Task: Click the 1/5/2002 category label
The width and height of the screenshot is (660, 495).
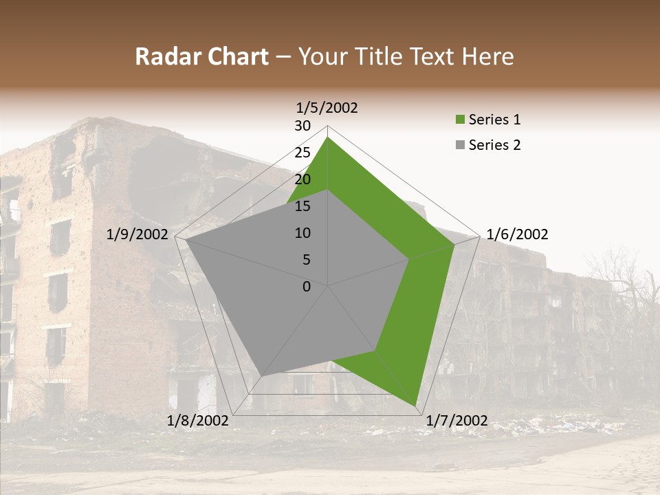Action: click(x=327, y=108)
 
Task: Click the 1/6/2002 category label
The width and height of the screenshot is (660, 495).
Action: click(x=517, y=234)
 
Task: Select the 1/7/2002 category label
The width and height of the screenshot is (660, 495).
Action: click(x=456, y=421)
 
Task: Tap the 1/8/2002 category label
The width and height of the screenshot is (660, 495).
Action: click(x=198, y=421)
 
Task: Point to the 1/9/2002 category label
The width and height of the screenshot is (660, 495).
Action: click(x=137, y=234)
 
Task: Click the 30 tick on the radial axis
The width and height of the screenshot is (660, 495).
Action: click(x=302, y=126)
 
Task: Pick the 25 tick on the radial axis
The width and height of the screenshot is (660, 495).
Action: click(x=302, y=153)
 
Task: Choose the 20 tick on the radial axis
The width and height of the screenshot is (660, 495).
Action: click(x=302, y=179)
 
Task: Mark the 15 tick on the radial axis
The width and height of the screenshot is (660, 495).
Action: click(x=302, y=206)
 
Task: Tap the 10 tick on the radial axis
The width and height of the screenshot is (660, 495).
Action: click(x=302, y=233)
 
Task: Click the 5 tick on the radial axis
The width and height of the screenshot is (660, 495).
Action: click(x=306, y=260)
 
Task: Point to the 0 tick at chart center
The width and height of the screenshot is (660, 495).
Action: click(x=307, y=287)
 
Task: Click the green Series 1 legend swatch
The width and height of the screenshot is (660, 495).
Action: click(x=460, y=120)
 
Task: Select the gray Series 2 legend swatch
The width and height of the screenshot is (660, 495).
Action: click(x=460, y=145)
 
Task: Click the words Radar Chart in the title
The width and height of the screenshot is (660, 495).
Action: click(x=201, y=57)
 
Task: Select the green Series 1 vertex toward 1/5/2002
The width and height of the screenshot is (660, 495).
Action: click(x=328, y=137)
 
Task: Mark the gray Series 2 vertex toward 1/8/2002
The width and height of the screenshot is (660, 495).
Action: click(x=263, y=375)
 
